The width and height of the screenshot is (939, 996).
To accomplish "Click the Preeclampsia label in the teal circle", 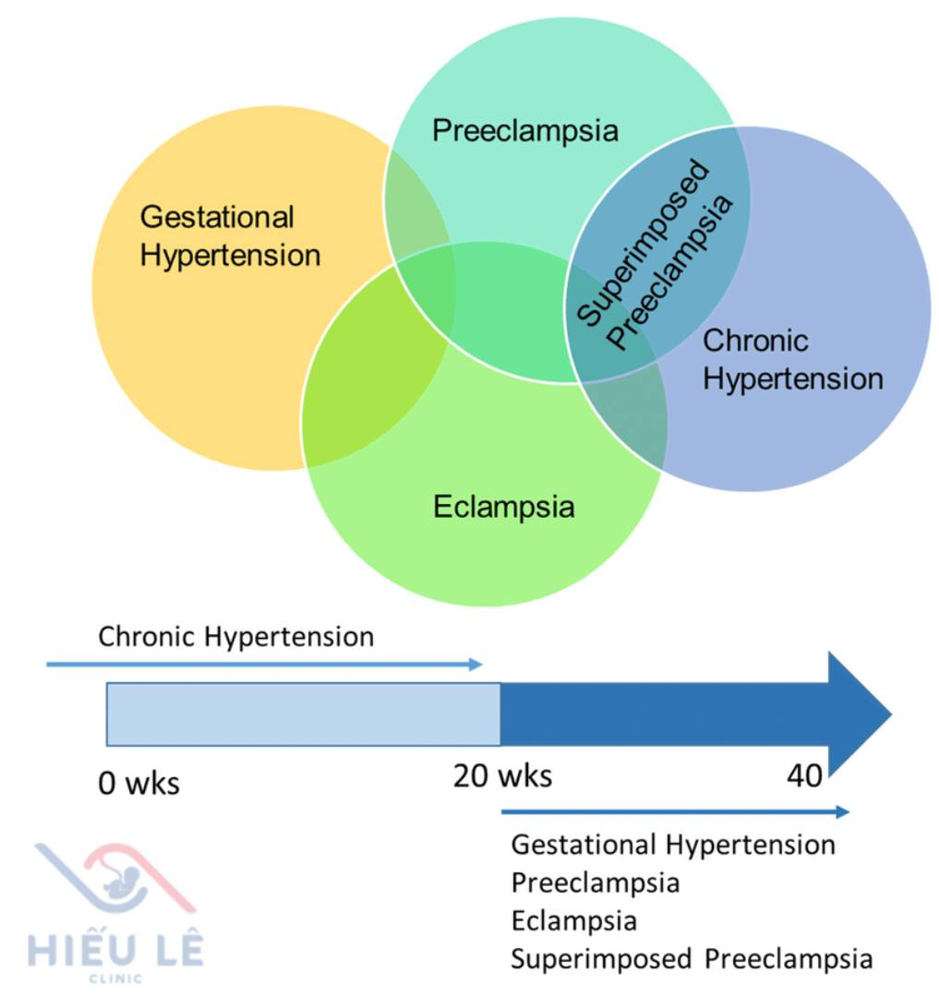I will tap(524, 130).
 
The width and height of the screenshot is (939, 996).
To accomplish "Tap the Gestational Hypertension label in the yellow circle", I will tap(229, 235).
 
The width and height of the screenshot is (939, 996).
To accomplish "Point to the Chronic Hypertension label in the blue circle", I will tap(792, 359).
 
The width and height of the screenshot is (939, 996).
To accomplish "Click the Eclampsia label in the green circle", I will tap(503, 507).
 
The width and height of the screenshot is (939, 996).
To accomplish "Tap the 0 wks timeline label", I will tap(138, 785).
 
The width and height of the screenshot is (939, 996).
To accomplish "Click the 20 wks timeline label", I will tap(502, 776).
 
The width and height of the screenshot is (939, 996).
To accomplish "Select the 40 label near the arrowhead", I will tap(804, 776).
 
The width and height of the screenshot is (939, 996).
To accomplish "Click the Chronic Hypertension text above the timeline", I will tap(235, 637).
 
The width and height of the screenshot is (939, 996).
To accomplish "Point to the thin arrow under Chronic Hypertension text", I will tap(263, 664).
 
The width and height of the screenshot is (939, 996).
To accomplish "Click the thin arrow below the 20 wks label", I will tap(674, 812).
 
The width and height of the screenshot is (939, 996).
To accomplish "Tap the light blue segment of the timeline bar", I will tap(303, 714).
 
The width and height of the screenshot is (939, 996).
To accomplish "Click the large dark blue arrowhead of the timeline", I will tap(857, 714).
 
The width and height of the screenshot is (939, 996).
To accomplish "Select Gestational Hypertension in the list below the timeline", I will tap(672, 845).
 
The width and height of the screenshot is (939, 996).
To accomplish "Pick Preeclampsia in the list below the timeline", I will tap(595, 883).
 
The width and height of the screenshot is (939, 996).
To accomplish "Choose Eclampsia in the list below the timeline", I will tap(573, 921).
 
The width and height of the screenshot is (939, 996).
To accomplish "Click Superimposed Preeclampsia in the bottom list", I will tap(691, 959).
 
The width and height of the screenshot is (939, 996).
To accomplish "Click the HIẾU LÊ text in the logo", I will tap(115, 950).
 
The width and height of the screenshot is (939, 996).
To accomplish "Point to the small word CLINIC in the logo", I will tap(114, 978).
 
